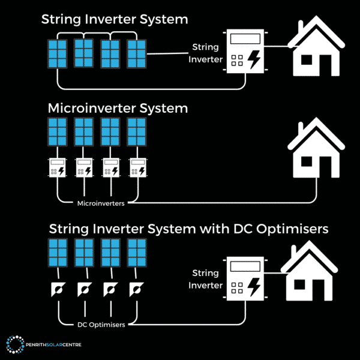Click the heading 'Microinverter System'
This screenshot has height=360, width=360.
click(x=118, y=109)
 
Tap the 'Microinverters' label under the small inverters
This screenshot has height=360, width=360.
click(x=101, y=204)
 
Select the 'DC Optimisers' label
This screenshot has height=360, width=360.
click(x=101, y=325)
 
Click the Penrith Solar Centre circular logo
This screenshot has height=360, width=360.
click(x=14, y=344)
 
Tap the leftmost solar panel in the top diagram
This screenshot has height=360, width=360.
click(x=58, y=54)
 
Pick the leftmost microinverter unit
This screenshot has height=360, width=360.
click(x=58, y=168)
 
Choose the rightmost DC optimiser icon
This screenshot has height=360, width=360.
click(x=137, y=289)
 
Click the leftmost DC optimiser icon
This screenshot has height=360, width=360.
click(x=58, y=289)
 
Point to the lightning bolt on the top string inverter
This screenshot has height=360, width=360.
click(x=254, y=60)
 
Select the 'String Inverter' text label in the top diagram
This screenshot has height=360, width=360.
click(x=206, y=52)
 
